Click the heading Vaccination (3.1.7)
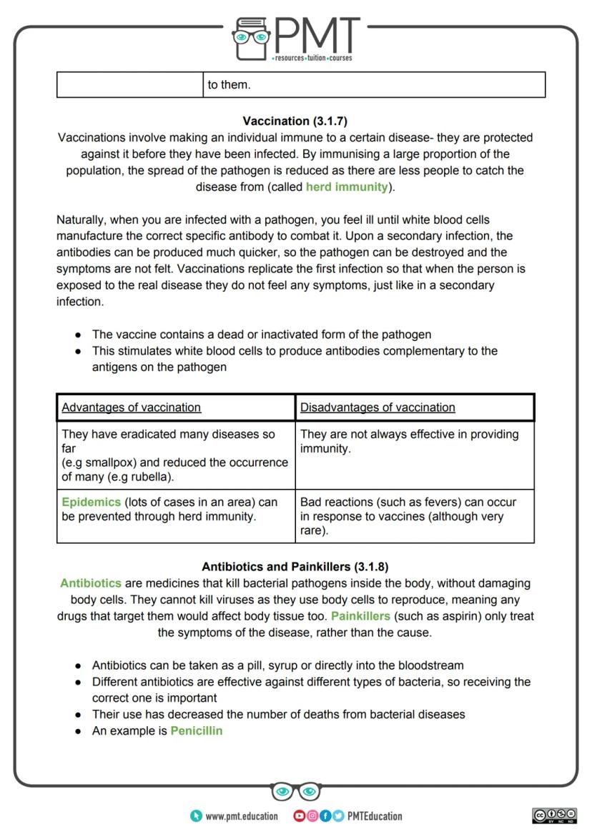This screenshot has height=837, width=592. tap(295, 121)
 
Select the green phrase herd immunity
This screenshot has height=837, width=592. tap(347, 187)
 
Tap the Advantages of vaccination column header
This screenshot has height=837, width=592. tap(132, 407)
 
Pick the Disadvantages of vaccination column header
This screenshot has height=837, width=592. tap(378, 407)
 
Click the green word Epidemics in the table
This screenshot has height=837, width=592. tap(91, 502)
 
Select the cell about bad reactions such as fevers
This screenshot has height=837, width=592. tap(414, 516)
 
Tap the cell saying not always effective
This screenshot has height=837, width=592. tap(414, 442)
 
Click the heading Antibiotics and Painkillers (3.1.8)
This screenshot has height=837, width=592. tap(295, 567)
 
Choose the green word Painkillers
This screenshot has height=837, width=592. tap(360, 616)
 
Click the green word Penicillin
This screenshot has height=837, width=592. tap(196, 731)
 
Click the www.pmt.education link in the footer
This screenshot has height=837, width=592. tap(241, 816)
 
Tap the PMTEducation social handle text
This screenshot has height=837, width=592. tap(375, 816)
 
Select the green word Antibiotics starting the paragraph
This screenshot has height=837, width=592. tap(91, 583)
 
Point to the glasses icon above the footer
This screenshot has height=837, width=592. tap(296, 791)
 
